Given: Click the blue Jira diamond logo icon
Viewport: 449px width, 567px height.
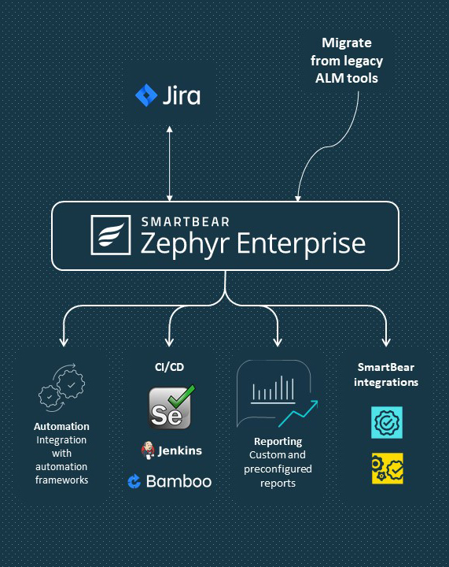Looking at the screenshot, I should coord(147,96).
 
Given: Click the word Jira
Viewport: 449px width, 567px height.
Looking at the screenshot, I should coord(182,96).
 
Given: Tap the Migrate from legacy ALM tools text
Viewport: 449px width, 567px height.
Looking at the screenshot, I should coord(347,60).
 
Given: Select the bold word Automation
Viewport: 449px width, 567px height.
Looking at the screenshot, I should coord(61,427).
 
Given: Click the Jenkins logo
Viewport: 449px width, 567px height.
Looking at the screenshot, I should coord(171,450).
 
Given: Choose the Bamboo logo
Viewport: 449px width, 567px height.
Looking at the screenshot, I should coord(169,481).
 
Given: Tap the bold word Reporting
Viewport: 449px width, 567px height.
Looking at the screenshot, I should coord(278,442).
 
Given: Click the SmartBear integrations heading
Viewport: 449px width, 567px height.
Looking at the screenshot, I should coord(386,374).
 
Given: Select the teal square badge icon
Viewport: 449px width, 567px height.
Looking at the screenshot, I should coord(386,423).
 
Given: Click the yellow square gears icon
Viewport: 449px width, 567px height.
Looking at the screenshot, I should coord(386,468).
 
